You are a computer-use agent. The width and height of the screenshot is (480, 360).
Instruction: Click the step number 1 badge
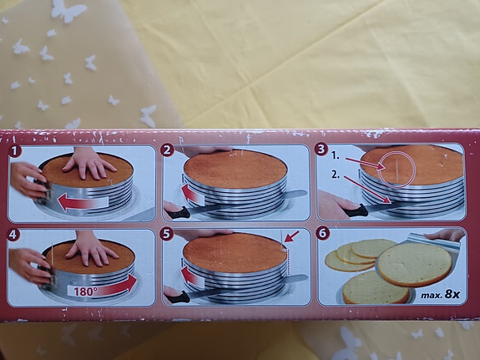[x=15, y=151]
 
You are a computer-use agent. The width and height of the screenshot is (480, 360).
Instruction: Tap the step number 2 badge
[x=167, y=150]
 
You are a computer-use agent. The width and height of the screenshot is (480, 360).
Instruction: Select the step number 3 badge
[x=321, y=150]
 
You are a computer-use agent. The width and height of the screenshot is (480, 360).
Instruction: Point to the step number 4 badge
[x=13, y=236]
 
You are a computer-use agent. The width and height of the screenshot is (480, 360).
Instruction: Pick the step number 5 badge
[x=166, y=235]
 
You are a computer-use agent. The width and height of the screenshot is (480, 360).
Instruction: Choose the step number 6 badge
[x=322, y=234]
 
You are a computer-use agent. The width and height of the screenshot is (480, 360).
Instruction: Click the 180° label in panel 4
[x=83, y=292]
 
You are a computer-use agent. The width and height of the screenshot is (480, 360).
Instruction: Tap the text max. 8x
[x=440, y=295]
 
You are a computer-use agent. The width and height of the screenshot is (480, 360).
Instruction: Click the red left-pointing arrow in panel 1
[x=83, y=202]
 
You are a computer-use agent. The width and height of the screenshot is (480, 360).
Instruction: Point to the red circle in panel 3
[x=397, y=170]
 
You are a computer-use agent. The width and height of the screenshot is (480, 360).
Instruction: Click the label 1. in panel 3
[x=336, y=156]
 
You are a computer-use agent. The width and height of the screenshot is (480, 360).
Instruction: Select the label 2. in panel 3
[x=336, y=175]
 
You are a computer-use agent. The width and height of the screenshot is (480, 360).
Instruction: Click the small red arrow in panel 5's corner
[x=292, y=236]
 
